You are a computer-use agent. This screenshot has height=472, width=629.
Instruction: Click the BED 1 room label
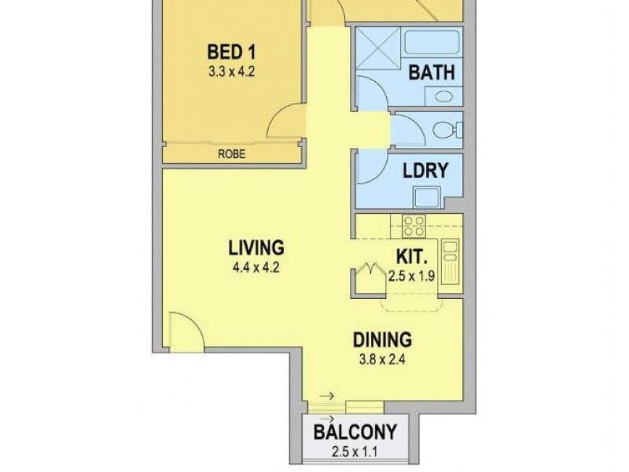231,53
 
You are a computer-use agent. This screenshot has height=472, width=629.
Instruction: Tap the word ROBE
231,155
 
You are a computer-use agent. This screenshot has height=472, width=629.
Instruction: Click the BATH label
432,72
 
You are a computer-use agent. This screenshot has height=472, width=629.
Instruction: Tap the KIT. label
411,256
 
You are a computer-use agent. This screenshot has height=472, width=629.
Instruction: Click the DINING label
381,341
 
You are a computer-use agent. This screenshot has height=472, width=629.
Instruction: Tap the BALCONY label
355,432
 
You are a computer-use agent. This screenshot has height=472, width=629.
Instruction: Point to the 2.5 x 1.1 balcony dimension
355,452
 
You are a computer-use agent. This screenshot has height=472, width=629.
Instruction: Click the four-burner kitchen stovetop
414,226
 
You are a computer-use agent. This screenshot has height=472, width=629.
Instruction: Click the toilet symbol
451,131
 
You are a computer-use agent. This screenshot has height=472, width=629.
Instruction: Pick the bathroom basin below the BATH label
443,96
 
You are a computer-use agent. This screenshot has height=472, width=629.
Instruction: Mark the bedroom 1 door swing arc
284,123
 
